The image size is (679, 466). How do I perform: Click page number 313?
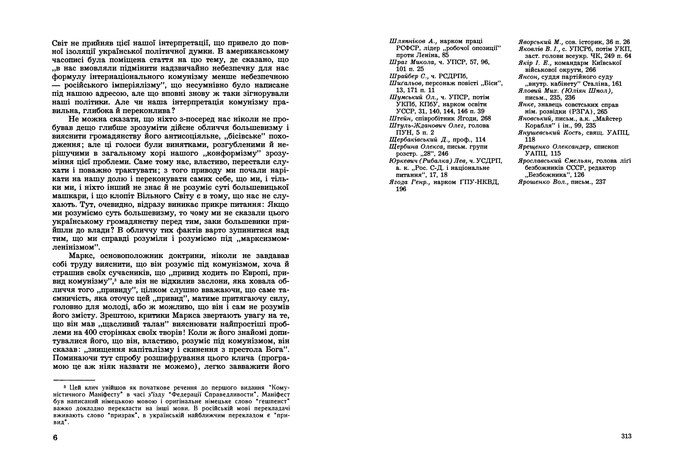click(x=626, y=436)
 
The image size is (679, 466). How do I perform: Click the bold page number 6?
click(x=55, y=438)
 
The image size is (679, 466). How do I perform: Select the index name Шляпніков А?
click(x=413, y=41)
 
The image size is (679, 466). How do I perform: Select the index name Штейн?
click(x=401, y=118)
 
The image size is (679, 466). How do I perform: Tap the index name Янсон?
click(x=528, y=77)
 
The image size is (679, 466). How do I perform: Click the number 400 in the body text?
click(x=91, y=332)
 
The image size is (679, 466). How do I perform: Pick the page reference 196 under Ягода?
click(x=401, y=189)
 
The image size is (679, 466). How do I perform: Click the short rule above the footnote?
click(x=74, y=380)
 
